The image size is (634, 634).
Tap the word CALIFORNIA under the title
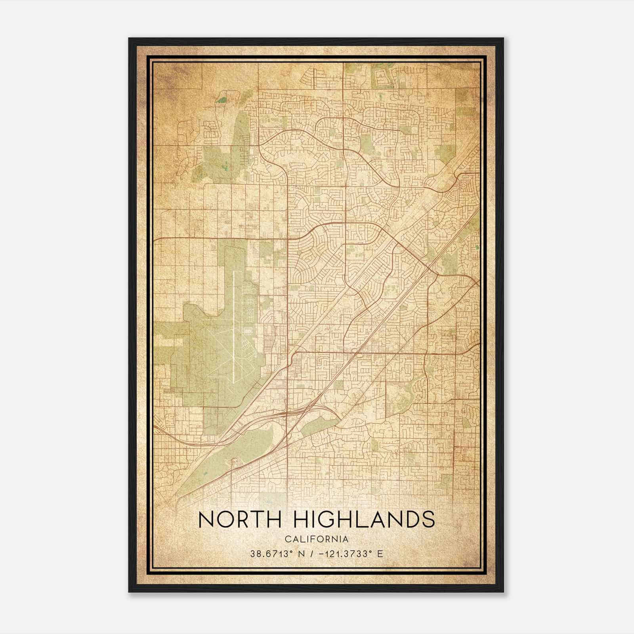317,539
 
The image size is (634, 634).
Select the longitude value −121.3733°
342,554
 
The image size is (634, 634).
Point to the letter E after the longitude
380,554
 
